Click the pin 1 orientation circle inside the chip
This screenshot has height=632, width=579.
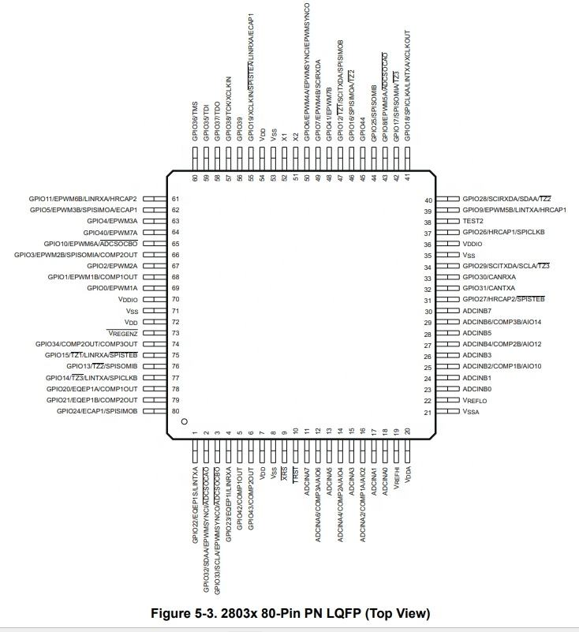click(184, 422)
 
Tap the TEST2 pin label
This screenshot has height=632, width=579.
click(473, 222)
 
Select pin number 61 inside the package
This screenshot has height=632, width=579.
click(176, 199)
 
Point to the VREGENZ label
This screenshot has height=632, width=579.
click(121, 334)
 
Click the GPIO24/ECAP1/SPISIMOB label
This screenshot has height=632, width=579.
click(97, 411)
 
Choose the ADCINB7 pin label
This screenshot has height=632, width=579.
click(479, 312)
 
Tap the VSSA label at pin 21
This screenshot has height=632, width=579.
click(471, 412)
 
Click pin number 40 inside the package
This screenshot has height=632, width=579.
click(428, 200)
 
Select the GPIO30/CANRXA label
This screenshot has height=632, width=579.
click(489, 278)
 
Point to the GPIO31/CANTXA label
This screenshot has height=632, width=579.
click(489, 289)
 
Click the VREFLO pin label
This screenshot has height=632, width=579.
click(475, 401)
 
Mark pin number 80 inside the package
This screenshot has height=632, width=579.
click(176, 411)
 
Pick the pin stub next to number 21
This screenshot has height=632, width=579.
click(450, 412)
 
